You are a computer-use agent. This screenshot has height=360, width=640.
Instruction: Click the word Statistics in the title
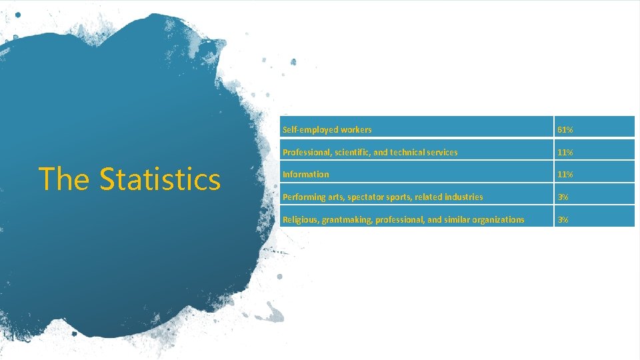pyautogui.click(x=160, y=179)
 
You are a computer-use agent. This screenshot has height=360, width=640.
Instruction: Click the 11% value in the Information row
pyautogui.click(x=565, y=175)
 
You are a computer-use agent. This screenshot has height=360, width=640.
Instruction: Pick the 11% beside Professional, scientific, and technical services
pyautogui.click(x=565, y=152)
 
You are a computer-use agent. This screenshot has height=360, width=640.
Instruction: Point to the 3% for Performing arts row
pyautogui.click(x=563, y=197)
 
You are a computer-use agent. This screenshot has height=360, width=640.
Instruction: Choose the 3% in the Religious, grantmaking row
pyautogui.click(x=563, y=219)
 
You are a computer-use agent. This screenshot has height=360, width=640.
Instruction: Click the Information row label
pyautogui.click(x=305, y=175)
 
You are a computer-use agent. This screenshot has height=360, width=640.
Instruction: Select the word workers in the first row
pyautogui.click(x=355, y=129)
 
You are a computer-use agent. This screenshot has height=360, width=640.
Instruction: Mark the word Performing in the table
pyautogui.click(x=303, y=197)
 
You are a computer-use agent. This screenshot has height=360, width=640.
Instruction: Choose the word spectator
pyautogui.click(x=365, y=197)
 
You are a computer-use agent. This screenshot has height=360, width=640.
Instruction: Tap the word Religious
pyautogui.click(x=300, y=219)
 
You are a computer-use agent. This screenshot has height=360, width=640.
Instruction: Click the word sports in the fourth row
pyautogui.click(x=399, y=197)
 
